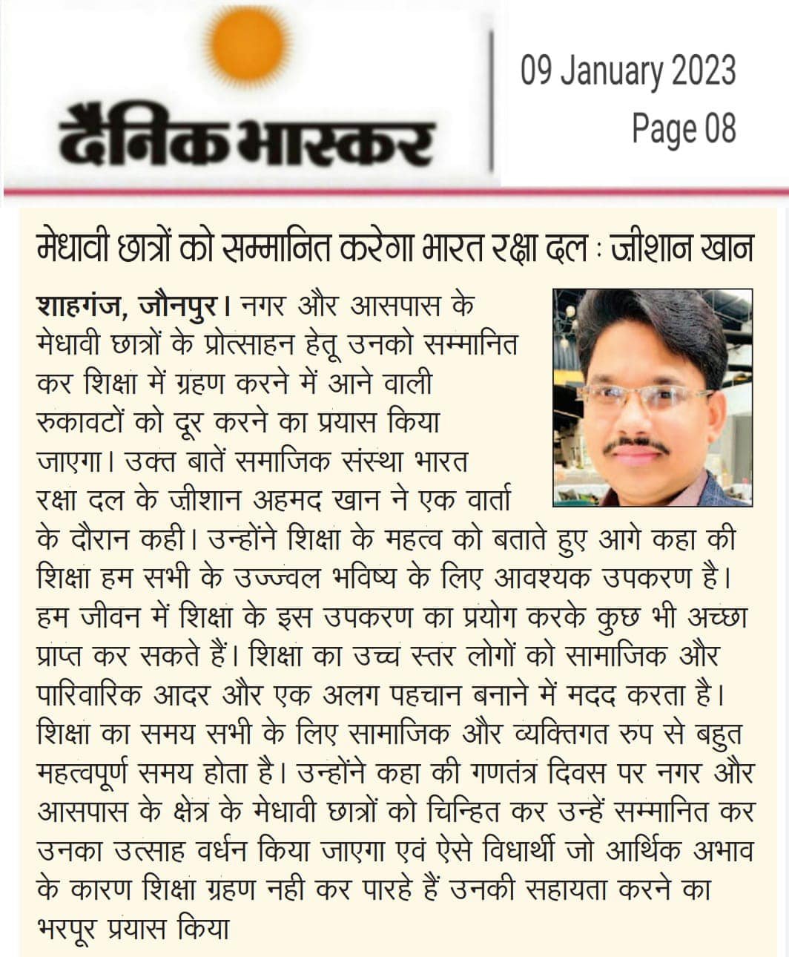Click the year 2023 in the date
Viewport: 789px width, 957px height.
pos(702,71)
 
